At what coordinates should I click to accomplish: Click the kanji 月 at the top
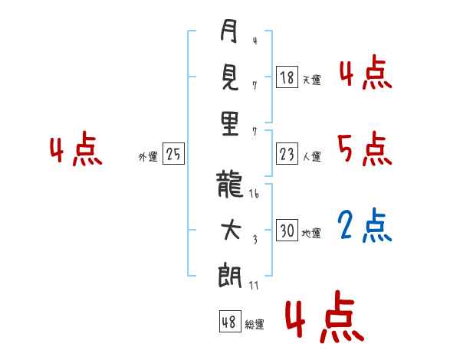coord(228,31)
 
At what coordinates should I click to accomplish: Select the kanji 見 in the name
coord(230,77)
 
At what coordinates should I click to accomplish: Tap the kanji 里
coord(230,123)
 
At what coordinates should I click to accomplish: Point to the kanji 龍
coord(229,185)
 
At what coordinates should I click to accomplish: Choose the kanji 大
coord(232,231)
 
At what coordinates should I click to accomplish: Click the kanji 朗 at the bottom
coord(230,275)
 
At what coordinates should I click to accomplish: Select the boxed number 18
coord(287,77)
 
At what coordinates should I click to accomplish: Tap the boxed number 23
coord(287,154)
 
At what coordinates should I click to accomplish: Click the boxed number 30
coord(287,230)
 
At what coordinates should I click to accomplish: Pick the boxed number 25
coord(174,154)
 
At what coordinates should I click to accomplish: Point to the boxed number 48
coord(230,321)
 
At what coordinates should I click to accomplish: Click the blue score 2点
coord(364,226)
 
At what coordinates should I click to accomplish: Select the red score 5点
coord(364,149)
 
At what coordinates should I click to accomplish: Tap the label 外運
coord(148,157)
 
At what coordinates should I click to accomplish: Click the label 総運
coord(255,324)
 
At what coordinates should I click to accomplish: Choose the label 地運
coord(311,234)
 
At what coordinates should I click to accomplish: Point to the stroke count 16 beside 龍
coord(254,194)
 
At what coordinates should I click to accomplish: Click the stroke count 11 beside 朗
coord(254,285)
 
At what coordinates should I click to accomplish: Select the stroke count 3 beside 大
coord(255,240)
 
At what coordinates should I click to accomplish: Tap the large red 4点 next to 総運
coord(325,316)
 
